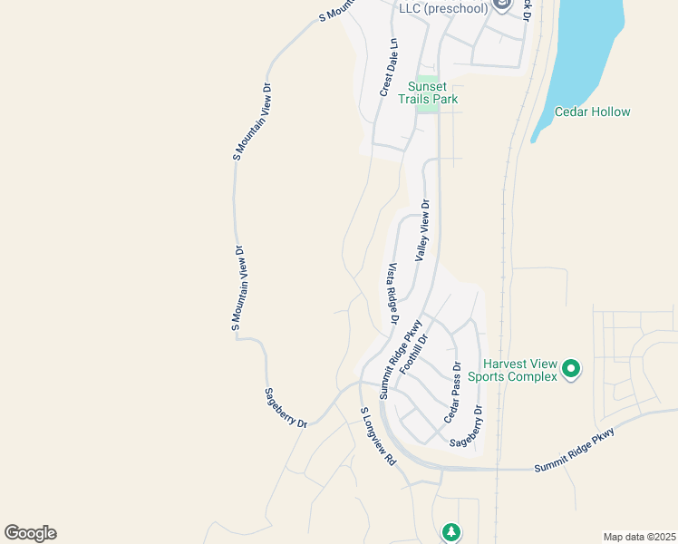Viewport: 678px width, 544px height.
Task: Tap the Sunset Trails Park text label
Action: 431,92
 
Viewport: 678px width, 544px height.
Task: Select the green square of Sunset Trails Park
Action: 429,105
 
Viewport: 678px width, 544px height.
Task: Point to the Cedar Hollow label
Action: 593,112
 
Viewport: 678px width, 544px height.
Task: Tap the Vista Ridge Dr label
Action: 393,294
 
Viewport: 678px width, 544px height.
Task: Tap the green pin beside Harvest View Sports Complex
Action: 571,368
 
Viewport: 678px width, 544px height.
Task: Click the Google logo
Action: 30,533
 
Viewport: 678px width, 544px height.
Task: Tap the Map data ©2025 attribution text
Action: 639,536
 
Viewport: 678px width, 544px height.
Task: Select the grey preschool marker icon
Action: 503,7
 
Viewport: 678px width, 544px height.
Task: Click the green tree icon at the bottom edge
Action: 450,532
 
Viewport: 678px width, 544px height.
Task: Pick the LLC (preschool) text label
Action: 444,8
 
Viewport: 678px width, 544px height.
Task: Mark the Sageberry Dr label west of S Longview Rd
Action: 286,408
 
